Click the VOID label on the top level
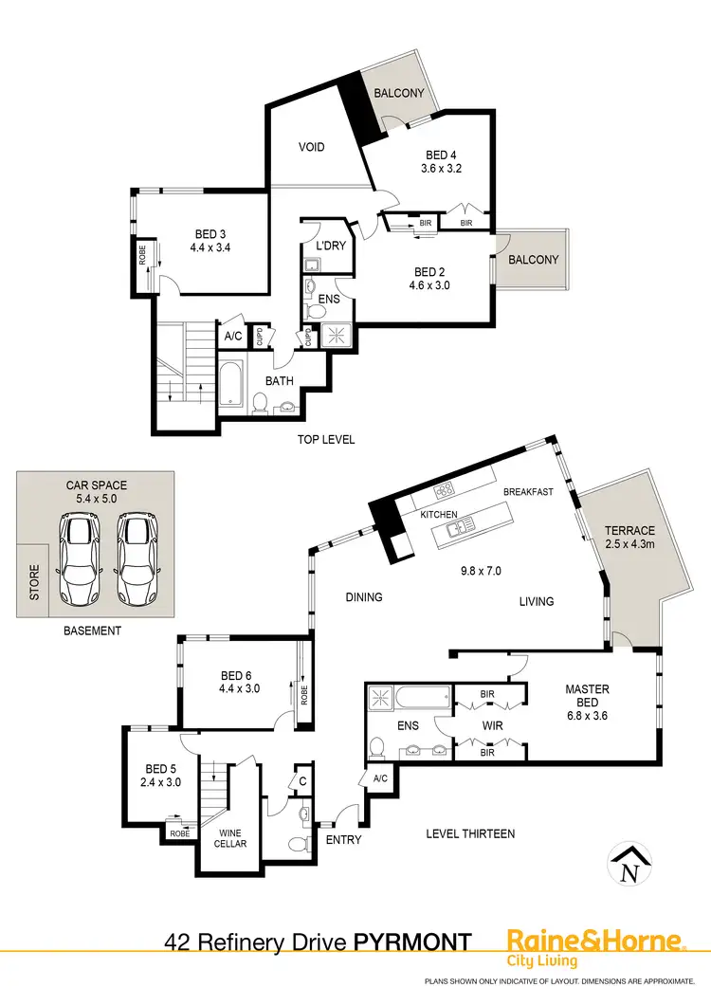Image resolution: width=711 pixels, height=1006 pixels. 312,147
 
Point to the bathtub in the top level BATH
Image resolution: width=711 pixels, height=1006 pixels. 230,384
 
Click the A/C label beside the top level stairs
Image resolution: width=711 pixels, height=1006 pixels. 232,336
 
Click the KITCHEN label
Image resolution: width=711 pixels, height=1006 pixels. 440,515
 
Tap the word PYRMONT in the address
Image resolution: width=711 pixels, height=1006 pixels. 413,942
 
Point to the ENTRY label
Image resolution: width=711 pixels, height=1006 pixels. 342,839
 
